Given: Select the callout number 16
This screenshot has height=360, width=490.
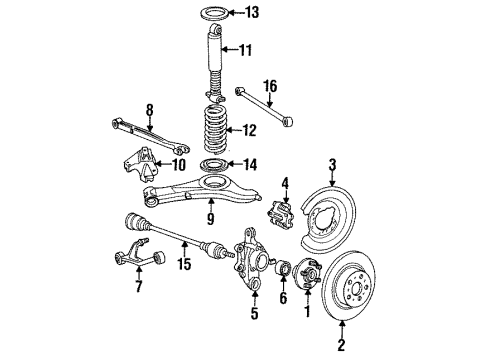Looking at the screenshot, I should [x=268, y=86].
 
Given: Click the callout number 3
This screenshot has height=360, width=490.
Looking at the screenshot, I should [x=332, y=162].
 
